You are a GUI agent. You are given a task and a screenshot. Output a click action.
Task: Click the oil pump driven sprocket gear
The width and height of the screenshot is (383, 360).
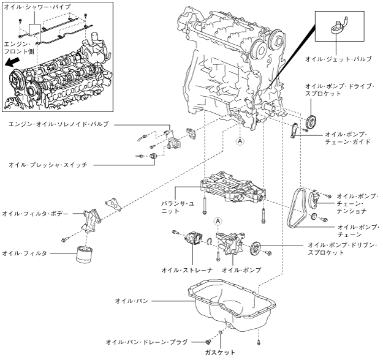[257, 248]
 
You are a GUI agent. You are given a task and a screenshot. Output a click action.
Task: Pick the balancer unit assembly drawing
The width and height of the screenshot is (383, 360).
[233, 190]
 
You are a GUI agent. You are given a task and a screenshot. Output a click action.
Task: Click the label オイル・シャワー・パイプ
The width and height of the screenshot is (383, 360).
[37, 7]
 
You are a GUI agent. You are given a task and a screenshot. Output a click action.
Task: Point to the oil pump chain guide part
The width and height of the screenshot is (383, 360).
[294, 130]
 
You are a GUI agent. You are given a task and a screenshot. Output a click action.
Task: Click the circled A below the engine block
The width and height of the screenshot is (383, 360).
[240, 140]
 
